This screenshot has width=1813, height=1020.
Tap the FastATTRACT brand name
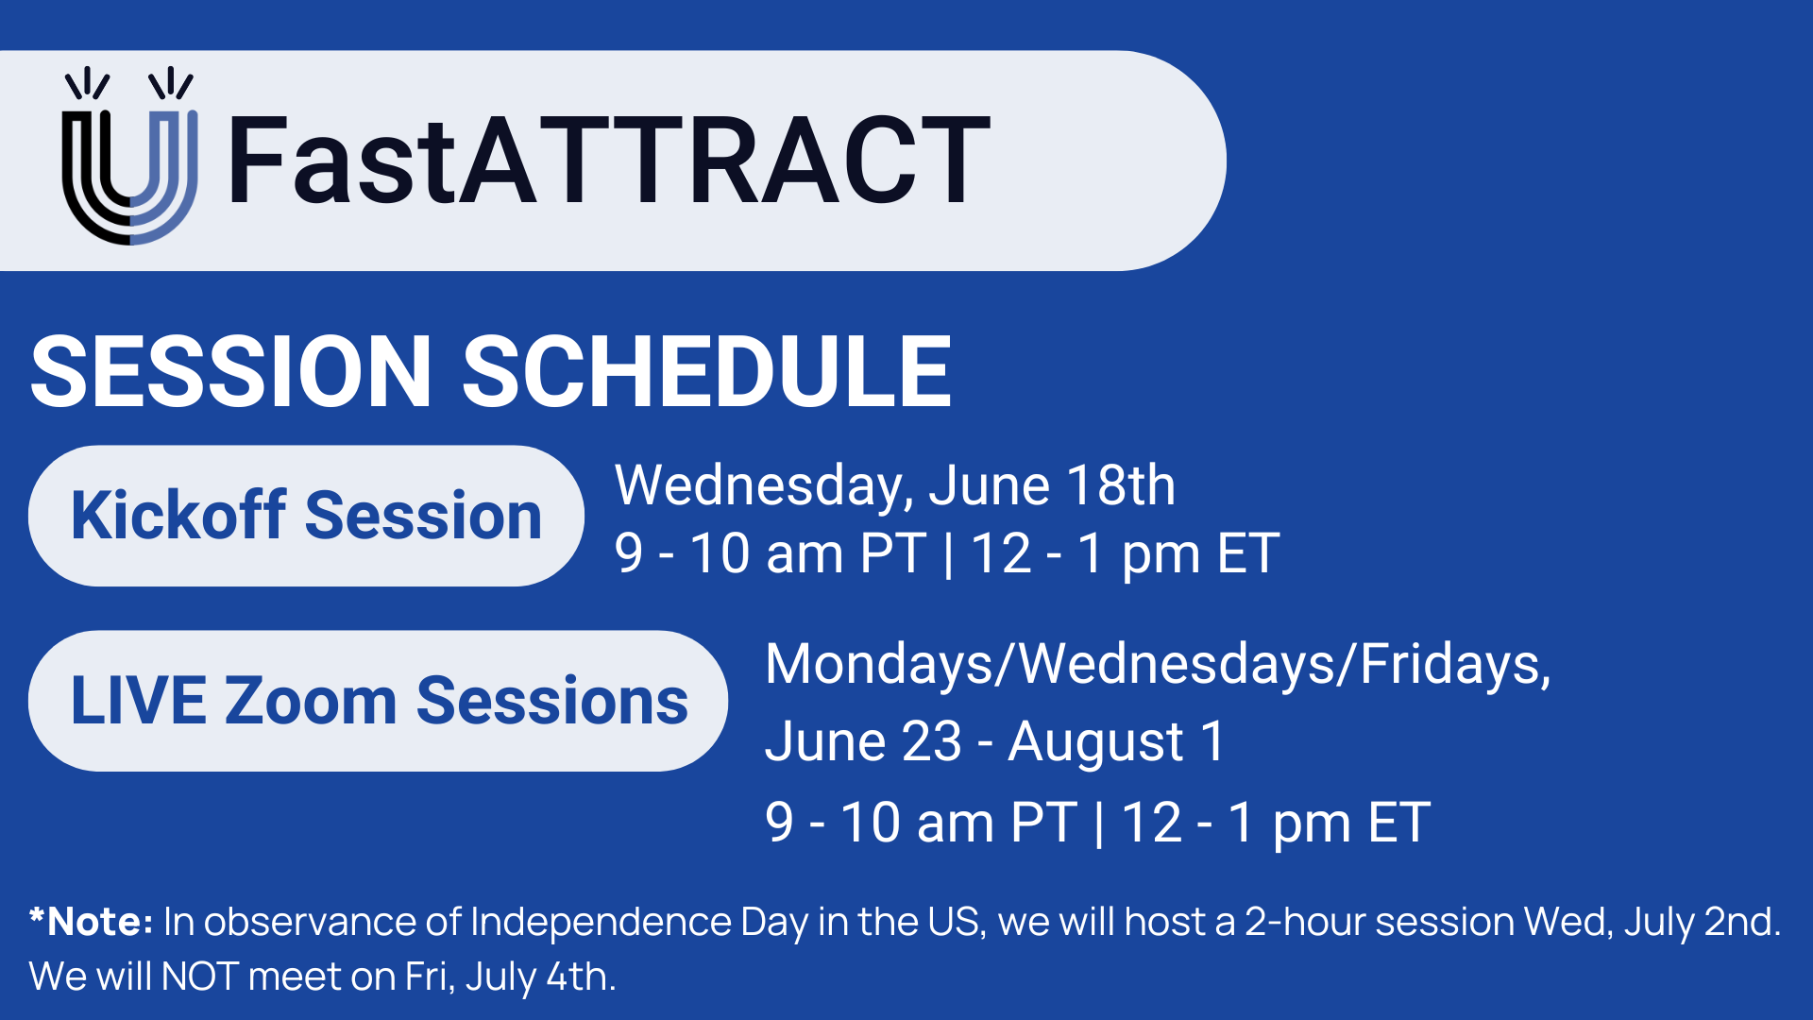point(609,160)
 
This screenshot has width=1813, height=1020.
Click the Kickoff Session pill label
point(306,516)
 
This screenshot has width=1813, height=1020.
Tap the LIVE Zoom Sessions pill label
point(378,701)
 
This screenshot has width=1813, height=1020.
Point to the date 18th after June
point(1121,485)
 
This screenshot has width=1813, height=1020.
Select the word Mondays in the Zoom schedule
point(879,666)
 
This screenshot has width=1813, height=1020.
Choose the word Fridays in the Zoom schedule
point(1455,666)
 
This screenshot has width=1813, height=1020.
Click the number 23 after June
point(931,741)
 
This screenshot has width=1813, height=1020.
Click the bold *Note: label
point(91,921)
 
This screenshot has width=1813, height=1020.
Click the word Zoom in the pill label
point(312,701)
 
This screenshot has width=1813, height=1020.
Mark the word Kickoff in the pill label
point(178,516)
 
